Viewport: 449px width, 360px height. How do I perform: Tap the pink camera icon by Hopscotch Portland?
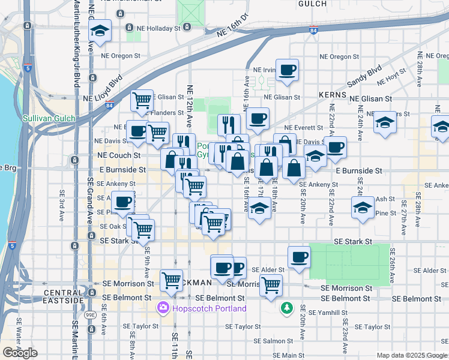pos(162,308)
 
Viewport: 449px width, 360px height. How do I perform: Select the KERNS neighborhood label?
pos(333,95)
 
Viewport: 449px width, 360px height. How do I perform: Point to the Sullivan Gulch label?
pos(49,119)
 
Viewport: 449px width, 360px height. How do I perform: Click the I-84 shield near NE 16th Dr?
pos(313,29)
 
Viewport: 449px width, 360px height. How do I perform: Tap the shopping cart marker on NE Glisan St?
pos(143,100)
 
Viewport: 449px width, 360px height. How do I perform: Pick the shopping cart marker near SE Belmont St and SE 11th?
pos(172,280)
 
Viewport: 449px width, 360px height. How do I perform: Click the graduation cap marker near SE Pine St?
pos(363,208)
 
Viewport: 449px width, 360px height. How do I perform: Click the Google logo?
pos(20,353)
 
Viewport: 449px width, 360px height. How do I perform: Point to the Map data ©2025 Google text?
pos(411,355)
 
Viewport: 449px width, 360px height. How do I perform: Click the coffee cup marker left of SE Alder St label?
pos(299,257)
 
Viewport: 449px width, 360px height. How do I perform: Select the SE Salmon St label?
pos(273,341)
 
